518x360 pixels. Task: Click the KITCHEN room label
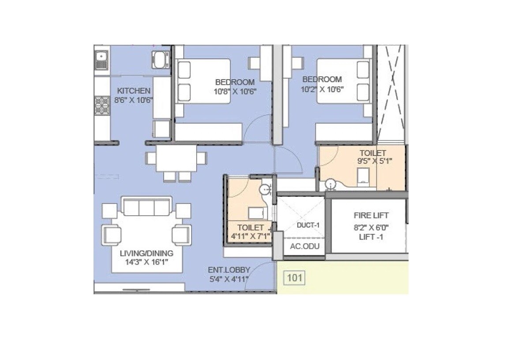(133, 90)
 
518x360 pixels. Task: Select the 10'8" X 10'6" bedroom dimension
(235, 91)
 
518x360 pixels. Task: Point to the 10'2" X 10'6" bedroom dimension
(322, 89)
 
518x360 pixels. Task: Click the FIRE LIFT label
(371, 216)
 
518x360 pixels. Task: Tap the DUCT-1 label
(308, 225)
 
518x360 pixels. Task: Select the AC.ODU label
(304, 246)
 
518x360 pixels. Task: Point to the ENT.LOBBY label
(229, 270)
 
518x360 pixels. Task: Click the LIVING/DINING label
(146, 253)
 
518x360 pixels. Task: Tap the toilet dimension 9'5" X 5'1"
(375, 161)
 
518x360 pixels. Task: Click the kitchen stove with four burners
(101, 106)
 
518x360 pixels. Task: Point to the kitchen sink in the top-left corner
(101, 60)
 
